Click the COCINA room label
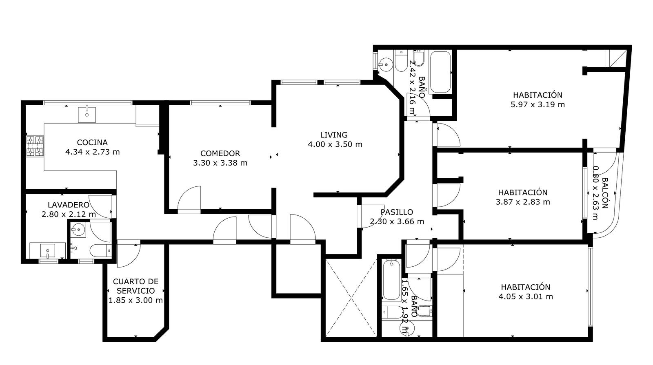click(x=92, y=142)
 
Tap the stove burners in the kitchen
click(x=35, y=146)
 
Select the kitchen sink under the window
click(x=87, y=115)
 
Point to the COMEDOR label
click(x=220, y=153)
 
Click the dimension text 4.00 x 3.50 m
click(x=335, y=144)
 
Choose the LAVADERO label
click(x=69, y=205)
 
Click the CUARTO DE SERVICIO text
click(x=135, y=286)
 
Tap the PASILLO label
click(x=397, y=212)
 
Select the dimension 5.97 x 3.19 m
click(x=538, y=104)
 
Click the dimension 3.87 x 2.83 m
click(x=523, y=202)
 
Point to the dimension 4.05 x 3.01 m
click(x=526, y=296)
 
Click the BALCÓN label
click(x=605, y=193)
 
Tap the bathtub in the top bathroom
click(x=440, y=72)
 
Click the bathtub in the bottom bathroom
click(x=391, y=280)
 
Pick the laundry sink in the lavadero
click(x=47, y=250)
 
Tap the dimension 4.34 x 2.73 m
click(x=92, y=152)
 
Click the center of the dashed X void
click(x=351, y=298)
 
